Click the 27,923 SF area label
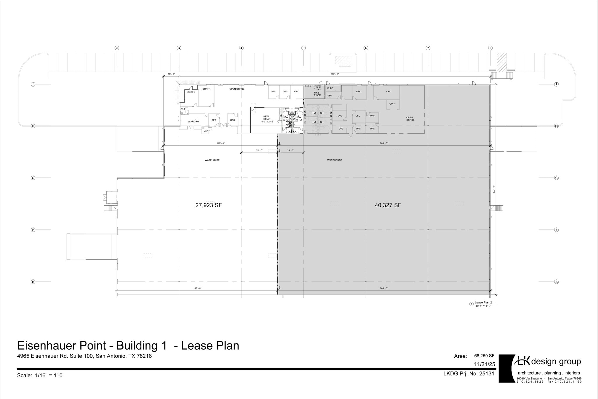click(208, 205)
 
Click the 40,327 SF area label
click(388, 205)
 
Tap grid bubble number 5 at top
click(303, 48)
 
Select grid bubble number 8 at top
click(490, 48)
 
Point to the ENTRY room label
click(191, 92)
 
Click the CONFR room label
click(206, 89)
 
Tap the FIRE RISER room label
click(317, 94)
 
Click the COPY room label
click(392, 104)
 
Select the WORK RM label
click(193, 121)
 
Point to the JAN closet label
click(206, 131)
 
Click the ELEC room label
click(330, 88)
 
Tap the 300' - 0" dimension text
click(334, 74)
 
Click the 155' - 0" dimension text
click(197, 288)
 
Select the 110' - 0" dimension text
click(220, 143)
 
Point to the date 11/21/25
click(485, 364)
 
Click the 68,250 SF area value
click(484, 356)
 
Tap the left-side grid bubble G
click(33, 178)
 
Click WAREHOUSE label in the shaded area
click(334, 160)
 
